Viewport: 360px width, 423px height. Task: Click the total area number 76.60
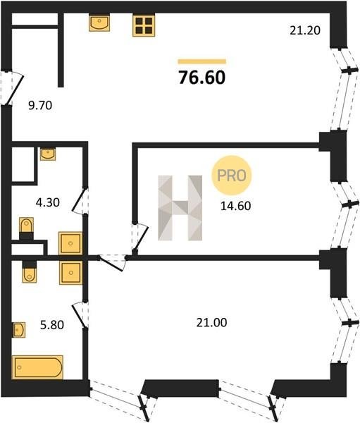(202, 78)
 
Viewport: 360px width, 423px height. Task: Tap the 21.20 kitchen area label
(305, 30)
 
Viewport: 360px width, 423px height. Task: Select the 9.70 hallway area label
(40, 105)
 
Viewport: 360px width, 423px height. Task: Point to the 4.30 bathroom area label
(48, 202)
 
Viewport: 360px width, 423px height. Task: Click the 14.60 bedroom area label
(236, 206)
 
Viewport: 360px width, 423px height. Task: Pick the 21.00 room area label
(211, 323)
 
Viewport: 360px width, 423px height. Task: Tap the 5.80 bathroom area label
(52, 325)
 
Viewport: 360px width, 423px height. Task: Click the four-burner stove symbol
(144, 25)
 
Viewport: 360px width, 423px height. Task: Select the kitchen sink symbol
(99, 23)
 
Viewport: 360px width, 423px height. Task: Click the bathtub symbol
(37, 367)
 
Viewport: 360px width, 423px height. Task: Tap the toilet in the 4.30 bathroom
(27, 228)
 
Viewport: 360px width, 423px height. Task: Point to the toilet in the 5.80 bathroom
(30, 272)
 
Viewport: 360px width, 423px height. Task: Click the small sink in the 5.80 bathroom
(19, 330)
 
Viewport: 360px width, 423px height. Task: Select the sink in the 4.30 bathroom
(48, 154)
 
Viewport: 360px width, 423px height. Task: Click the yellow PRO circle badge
(232, 176)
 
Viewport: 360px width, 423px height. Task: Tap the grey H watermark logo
(180, 208)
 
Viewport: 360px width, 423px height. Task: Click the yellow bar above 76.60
(201, 61)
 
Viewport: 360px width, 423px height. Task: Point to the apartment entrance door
(12, 88)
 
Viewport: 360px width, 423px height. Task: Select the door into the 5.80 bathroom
(80, 315)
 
